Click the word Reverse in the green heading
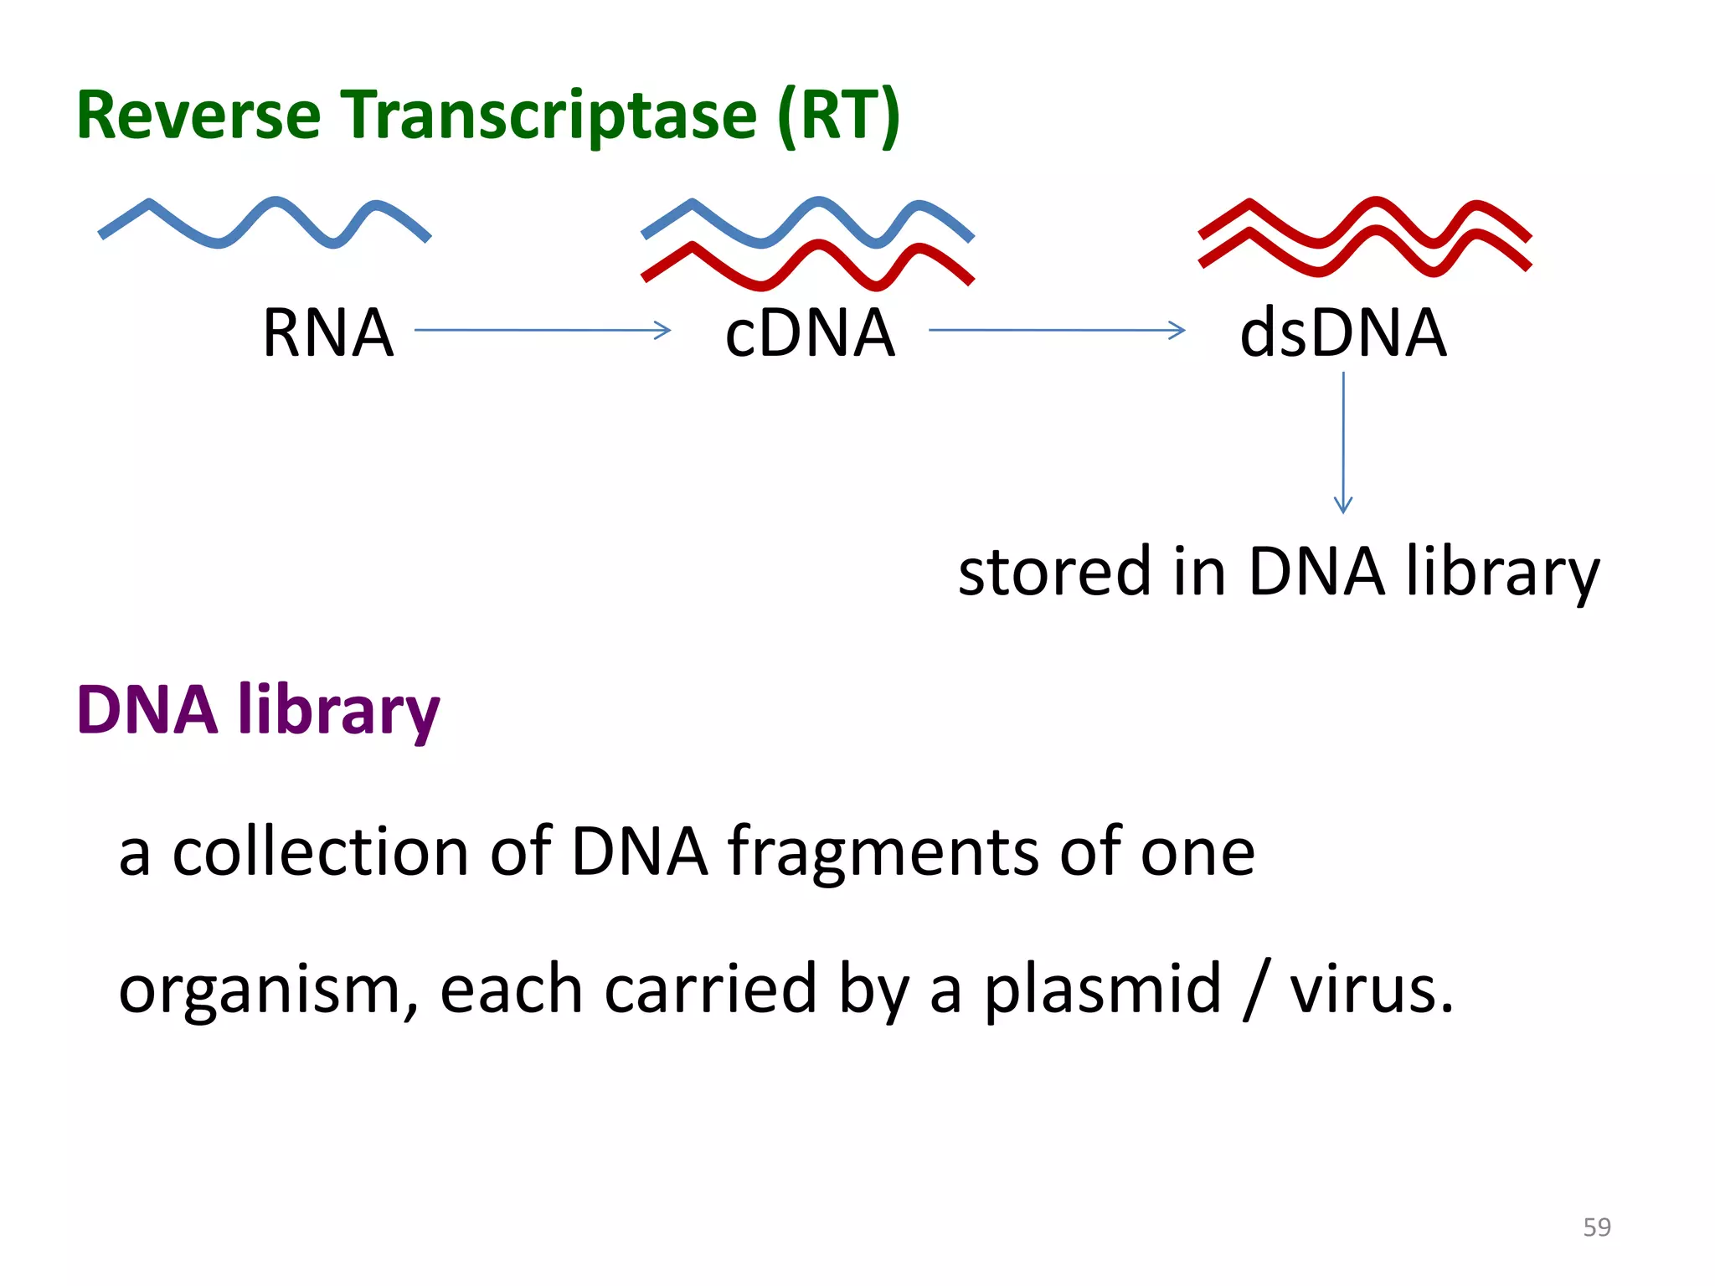pos(198,116)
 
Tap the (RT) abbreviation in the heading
pos(838,116)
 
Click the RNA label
pos(327,333)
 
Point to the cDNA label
pos(810,333)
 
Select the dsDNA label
pos(1342,333)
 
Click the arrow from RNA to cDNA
pos(543,331)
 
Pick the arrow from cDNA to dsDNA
pos(1057,331)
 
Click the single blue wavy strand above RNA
pos(265,221)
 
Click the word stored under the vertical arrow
pos(1054,572)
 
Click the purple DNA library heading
pos(258,711)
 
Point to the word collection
pos(321,852)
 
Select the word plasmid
pos(1102,990)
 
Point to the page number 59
pos(1597,1227)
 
